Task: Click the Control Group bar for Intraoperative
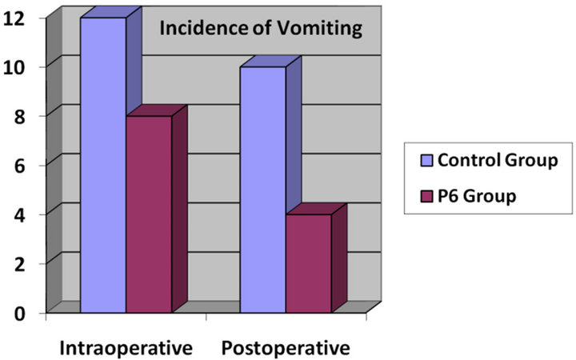pyautogui.click(x=103, y=164)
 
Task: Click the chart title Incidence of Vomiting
pyautogui.click(x=262, y=30)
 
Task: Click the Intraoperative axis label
pyautogui.click(x=127, y=348)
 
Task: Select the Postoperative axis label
pyautogui.click(x=286, y=348)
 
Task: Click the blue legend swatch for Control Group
pyautogui.click(x=426, y=161)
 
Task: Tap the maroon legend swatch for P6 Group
pyautogui.click(x=426, y=195)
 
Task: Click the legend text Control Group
pyautogui.click(x=496, y=161)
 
